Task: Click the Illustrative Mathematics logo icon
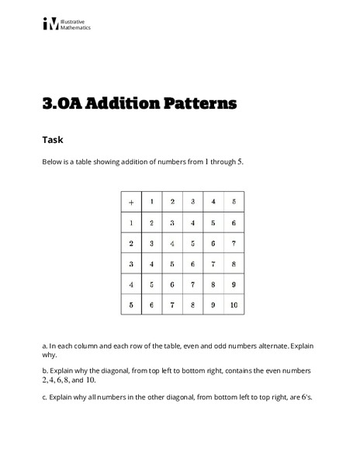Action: pyautogui.click(x=50, y=24)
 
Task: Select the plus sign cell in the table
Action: pyautogui.click(x=131, y=202)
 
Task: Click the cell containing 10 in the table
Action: pyautogui.click(x=234, y=305)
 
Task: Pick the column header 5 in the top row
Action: pyautogui.click(x=234, y=202)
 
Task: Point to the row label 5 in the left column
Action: pyautogui.click(x=131, y=305)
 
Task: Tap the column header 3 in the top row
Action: pyautogui.click(x=192, y=202)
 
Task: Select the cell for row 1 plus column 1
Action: pyautogui.click(x=151, y=223)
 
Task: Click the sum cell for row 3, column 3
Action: pyautogui.click(x=192, y=264)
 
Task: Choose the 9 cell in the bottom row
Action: pyautogui.click(x=213, y=305)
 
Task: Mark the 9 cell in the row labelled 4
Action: pyautogui.click(x=234, y=285)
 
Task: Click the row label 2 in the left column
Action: pyautogui.click(x=131, y=243)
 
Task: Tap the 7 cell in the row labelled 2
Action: pyautogui.click(x=234, y=243)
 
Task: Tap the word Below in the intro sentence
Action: pyautogui.click(x=52, y=162)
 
